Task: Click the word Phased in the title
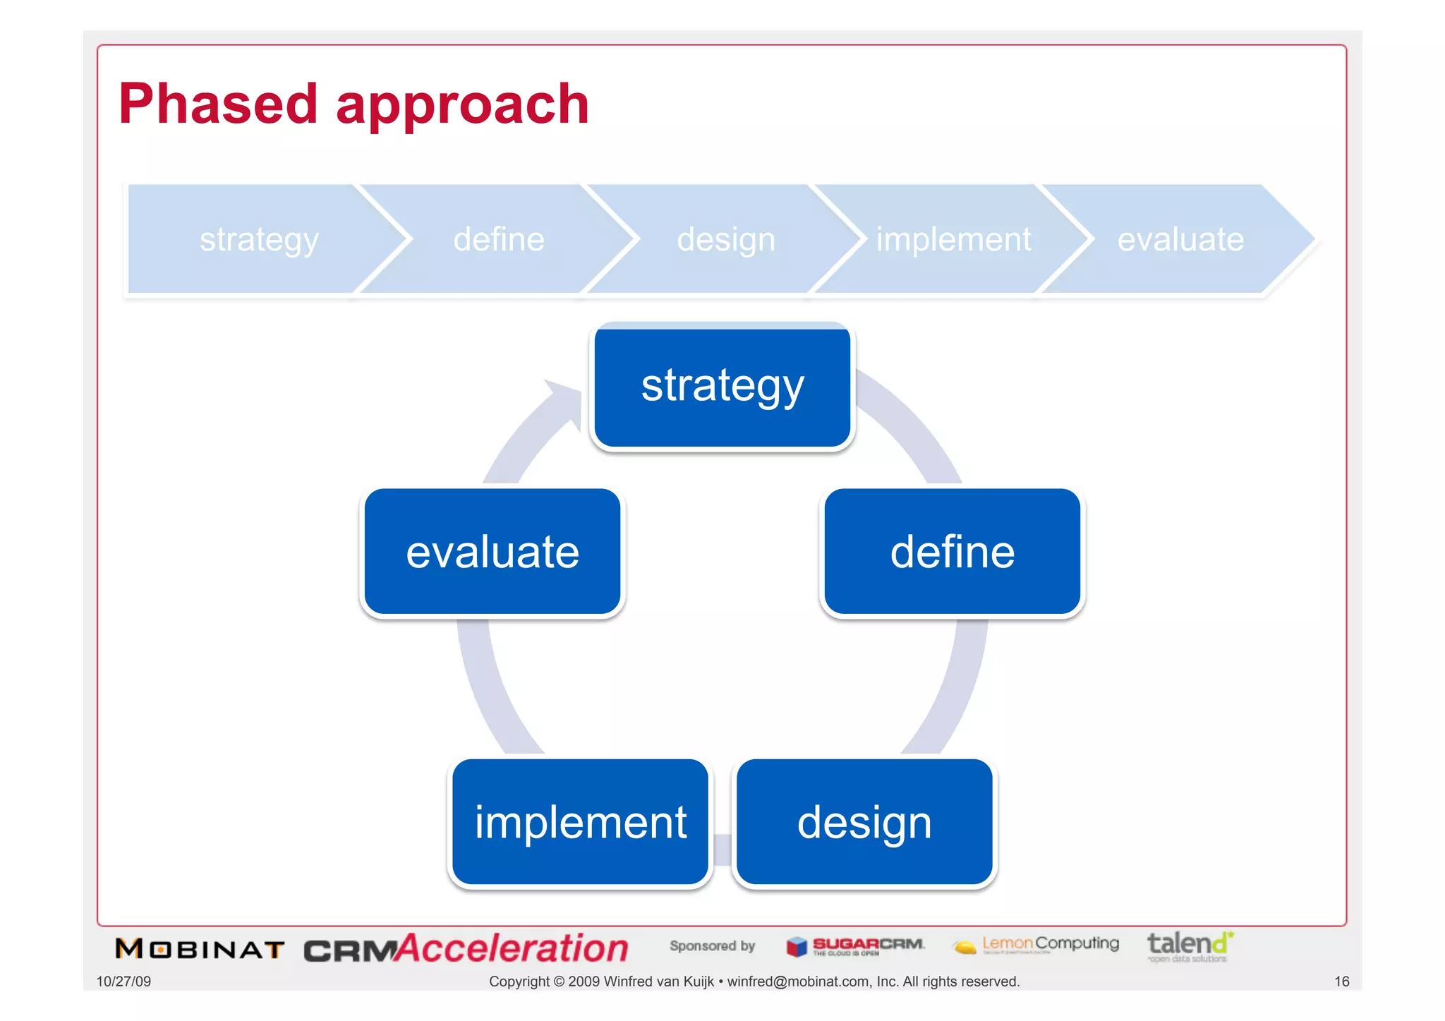[217, 104]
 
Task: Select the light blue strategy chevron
[258, 239]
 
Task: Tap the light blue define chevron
[499, 239]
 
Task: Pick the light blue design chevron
[726, 239]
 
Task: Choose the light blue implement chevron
[953, 239]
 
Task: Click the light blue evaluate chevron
[1180, 239]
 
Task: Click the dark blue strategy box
[722, 387]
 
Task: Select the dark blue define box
[953, 552]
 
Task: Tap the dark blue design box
[864, 822]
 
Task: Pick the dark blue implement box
[580, 822]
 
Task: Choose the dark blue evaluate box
[492, 552]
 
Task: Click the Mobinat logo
[200, 949]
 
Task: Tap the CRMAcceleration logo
[466, 949]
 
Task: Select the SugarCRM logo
[856, 946]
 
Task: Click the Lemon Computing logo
[1035, 945]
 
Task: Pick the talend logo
[1190, 946]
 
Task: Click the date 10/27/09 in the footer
[123, 981]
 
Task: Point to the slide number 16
[1341, 981]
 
